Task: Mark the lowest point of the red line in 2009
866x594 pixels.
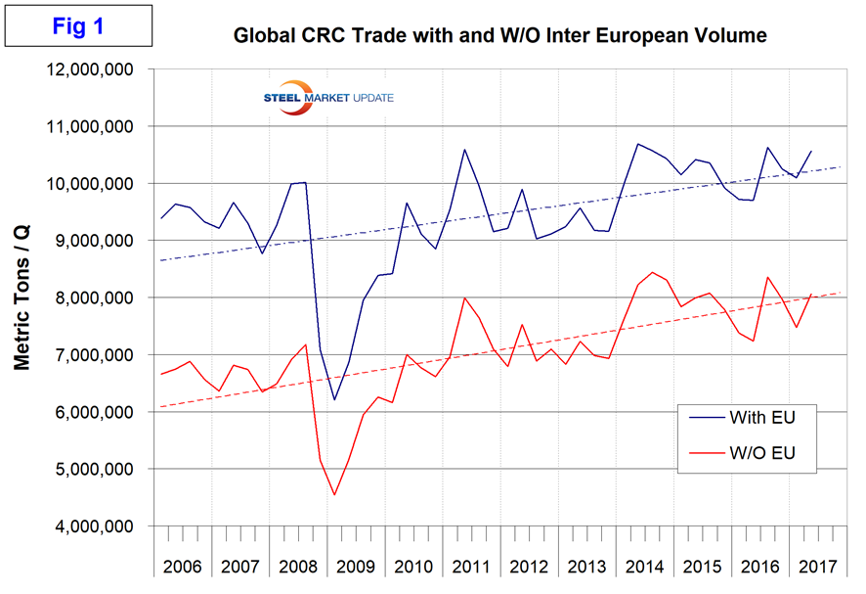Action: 333,494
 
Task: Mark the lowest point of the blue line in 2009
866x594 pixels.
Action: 333,399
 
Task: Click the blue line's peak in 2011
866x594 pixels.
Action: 463,150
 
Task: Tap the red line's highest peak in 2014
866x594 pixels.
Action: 651,272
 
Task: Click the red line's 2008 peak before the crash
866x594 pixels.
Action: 306,344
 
